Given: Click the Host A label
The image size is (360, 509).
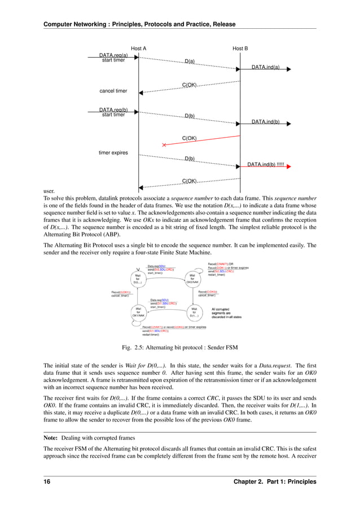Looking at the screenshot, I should point(138,49).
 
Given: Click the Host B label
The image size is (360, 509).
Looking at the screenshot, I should point(240,49).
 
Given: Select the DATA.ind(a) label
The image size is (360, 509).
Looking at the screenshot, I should point(265,67).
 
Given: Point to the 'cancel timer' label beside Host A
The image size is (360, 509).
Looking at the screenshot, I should point(113,90).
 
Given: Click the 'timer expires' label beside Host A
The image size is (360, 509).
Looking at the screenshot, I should point(113,152).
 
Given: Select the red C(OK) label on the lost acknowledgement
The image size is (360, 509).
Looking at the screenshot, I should point(189,138).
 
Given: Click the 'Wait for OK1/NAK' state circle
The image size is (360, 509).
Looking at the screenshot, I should point(137,312).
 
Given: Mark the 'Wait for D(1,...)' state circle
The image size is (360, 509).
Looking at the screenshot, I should point(194,312).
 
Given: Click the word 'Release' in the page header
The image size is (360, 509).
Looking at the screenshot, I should point(222,24).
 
